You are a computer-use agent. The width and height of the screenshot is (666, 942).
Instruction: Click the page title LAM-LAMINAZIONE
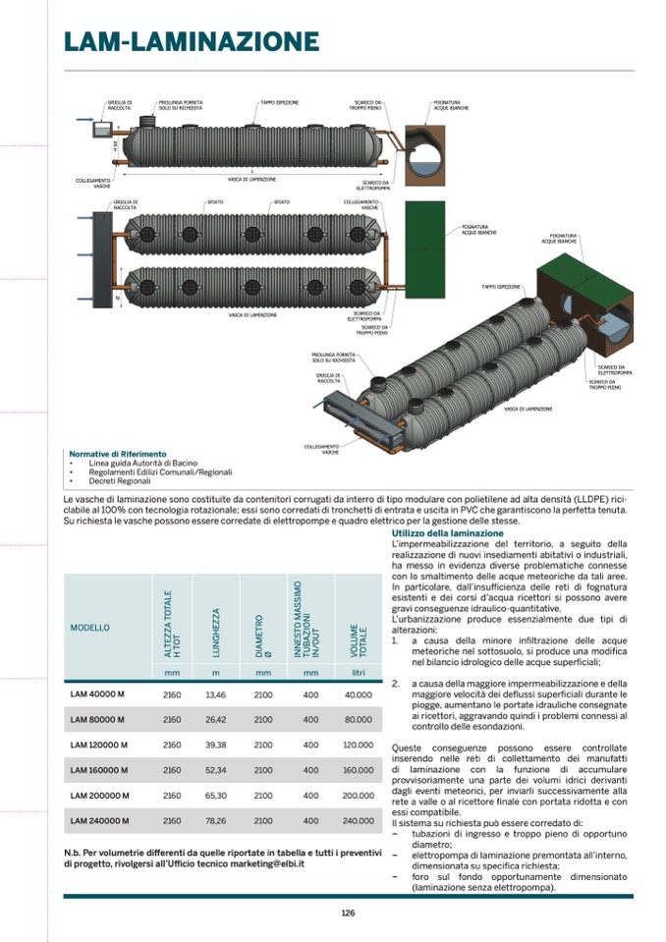coord(191,41)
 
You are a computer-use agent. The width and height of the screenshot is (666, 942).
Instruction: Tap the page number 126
coord(348,914)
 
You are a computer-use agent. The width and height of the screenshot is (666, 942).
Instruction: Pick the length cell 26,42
coord(215,720)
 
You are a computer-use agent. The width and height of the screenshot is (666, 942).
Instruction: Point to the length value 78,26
coord(215,820)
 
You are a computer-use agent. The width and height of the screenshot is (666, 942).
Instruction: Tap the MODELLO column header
coord(90,627)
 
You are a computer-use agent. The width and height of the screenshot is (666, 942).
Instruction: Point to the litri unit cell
coord(359,672)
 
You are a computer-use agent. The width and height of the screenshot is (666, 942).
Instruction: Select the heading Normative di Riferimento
coord(118,454)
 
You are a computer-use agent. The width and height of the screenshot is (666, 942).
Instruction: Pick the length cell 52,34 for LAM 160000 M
coord(215,770)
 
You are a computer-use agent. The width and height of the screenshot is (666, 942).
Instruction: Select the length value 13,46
coord(215,694)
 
